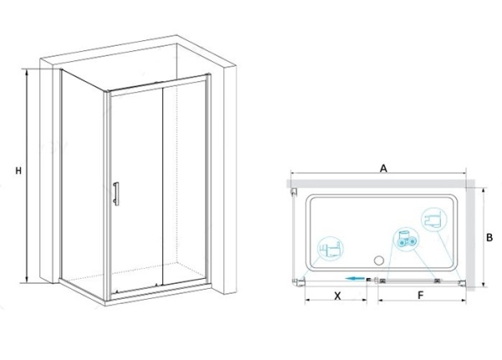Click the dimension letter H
click(x=18, y=171)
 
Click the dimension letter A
click(x=383, y=168)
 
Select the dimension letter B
click(x=489, y=238)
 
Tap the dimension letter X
click(x=337, y=296)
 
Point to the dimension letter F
click(x=421, y=296)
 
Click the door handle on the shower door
click(x=116, y=193)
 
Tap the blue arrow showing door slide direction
click(x=355, y=278)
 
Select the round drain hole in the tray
click(x=379, y=260)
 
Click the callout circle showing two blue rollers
click(x=406, y=240)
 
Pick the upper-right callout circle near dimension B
click(x=434, y=219)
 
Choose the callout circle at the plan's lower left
click(x=330, y=249)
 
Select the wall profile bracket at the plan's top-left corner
click(x=293, y=193)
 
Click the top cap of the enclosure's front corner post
click(x=107, y=92)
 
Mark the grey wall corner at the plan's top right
click(x=470, y=183)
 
